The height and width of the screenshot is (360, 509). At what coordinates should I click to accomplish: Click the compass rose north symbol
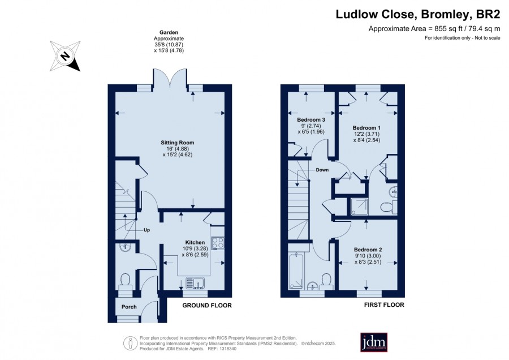click(65, 56)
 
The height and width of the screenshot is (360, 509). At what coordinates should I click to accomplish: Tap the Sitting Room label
click(177, 142)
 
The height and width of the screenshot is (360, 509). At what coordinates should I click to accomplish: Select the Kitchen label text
click(195, 242)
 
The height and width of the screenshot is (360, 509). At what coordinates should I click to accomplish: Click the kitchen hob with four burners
click(217, 243)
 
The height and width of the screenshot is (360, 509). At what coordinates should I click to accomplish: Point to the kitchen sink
click(195, 282)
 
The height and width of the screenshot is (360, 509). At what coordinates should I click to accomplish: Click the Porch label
click(129, 307)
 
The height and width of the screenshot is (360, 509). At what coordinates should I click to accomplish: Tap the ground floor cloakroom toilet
click(125, 281)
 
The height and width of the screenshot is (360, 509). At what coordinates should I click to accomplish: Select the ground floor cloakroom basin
click(124, 247)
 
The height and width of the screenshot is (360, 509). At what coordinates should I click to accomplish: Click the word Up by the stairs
click(146, 230)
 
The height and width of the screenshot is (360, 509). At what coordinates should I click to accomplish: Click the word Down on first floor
click(322, 170)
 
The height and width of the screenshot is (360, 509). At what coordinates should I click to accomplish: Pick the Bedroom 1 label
click(366, 128)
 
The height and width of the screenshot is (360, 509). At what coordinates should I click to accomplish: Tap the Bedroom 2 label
click(368, 250)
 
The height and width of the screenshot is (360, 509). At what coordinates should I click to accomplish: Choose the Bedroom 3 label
click(311, 119)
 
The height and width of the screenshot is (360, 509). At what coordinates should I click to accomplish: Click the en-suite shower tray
click(359, 207)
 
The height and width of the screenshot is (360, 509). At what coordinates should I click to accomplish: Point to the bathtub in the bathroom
click(296, 271)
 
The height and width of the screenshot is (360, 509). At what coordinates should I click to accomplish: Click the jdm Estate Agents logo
click(374, 342)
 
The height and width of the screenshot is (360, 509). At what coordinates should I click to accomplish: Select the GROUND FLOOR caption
click(207, 306)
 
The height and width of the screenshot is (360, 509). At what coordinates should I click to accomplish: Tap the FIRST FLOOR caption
click(384, 305)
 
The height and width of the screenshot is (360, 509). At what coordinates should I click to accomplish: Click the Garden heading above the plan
click(169, 32)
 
